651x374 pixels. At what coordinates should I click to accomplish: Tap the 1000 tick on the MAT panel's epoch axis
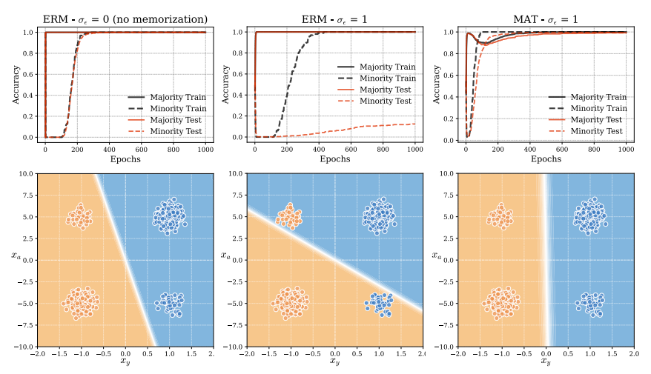point(626,149)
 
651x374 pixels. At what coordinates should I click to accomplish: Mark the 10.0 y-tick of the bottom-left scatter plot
point(25,174)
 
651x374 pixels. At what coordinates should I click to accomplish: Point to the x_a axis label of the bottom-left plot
point(14,255)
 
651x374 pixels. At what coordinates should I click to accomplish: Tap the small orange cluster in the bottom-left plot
point(79,217)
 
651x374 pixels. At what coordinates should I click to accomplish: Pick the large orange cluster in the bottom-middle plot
point(291,301)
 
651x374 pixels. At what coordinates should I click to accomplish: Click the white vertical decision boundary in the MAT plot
point(546,259)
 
